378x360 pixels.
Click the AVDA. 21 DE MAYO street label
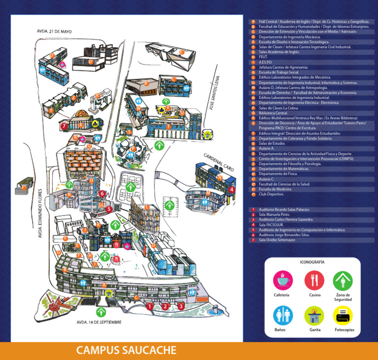click(x=54, y=31)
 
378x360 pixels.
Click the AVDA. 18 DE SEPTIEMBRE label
click(x=98, y=322)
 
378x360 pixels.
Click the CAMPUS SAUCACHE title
click(x=126, y=351)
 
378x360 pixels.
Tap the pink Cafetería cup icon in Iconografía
click(x=283, y=281)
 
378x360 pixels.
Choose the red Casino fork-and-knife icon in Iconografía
click(x=314, y=281)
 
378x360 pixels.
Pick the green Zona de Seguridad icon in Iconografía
click(x=343, y=281)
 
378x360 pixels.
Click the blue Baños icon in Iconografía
click(x=283, y=315)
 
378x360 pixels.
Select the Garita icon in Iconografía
click(x=314, y=315)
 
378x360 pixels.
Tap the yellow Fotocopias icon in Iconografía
click(x=343, y=315)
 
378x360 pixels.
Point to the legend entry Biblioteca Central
click(x=273, y=113)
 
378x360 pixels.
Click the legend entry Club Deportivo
click(x=270, y=194)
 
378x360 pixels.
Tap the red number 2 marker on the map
click(x=165, y=306)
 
